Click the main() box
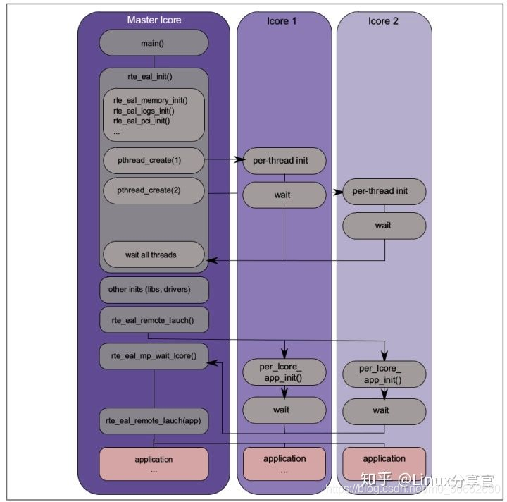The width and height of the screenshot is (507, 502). [154, 43]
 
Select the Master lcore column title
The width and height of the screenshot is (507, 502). [154, 20]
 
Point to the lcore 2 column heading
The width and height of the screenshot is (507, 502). [383, 21]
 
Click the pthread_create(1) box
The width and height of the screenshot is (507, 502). [154, 160]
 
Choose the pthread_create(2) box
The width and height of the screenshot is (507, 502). [154, 190]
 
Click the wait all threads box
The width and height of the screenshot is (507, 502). [154, 255]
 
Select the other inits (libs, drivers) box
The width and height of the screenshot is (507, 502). [154, 289]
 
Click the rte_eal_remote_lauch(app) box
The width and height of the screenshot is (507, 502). [154, 421]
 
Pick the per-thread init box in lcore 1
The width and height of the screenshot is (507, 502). [284, 161]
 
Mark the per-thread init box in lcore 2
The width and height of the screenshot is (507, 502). [384, 191]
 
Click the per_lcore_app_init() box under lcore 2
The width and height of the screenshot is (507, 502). [384, 374]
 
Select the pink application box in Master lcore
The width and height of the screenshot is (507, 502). [154, 463]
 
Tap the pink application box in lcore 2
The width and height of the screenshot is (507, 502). [384, 463]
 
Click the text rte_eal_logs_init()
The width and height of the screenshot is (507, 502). [144, 110]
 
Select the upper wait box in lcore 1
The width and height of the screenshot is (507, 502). [284, 195]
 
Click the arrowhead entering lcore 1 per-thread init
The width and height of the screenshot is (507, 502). [239, 161]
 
